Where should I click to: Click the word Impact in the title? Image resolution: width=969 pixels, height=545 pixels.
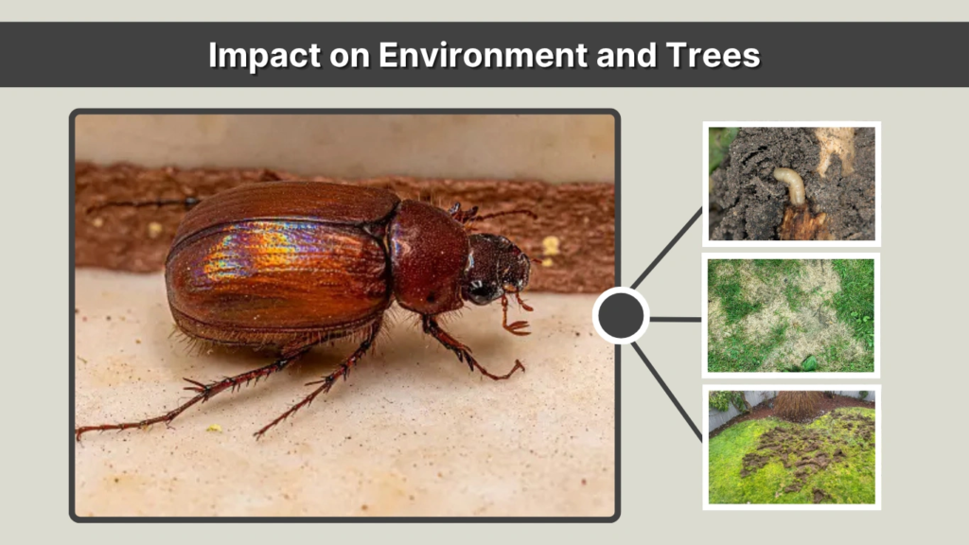tap(258, 55)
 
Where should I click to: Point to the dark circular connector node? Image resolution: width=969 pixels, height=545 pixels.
tap(621, 317)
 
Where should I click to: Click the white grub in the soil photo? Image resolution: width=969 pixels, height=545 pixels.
tap(789, 184)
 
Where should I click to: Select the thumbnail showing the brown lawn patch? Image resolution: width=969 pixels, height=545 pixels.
tap(791, 316)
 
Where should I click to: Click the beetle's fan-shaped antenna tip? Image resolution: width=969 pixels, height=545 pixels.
tap(518, 327)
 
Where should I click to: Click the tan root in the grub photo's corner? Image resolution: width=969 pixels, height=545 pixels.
tap(837, 147)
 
